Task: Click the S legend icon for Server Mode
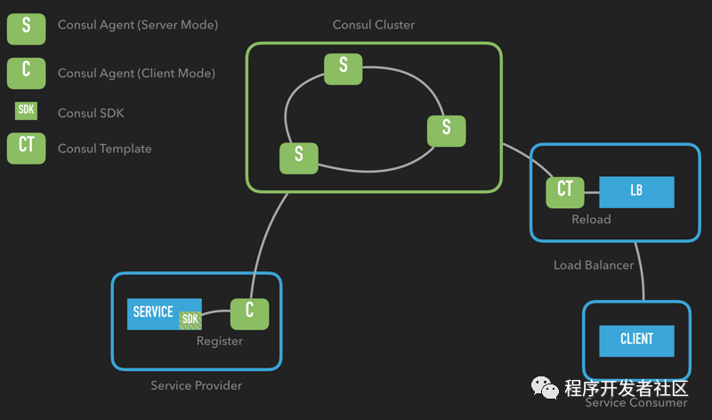[26, 26]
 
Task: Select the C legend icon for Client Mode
[26, 72]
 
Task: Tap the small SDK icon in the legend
[26, 111]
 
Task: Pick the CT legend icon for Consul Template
[26, 147]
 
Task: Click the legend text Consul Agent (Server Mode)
[137, 25]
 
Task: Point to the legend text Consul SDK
[91, 113]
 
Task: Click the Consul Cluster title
[374, 25]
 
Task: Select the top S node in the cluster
[344, 68]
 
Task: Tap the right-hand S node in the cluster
[446, 130]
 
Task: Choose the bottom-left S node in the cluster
[298, 157]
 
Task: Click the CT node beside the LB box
[564, 190]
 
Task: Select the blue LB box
[635, 191]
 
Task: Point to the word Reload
[591, 219]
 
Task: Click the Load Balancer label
[594, 265]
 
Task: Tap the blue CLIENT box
[635, 340]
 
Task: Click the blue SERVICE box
[157, 312]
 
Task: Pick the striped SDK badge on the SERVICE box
[190, 319]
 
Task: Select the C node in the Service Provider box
[249, 312]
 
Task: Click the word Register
[219, 341]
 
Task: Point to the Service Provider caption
[196, 385]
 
